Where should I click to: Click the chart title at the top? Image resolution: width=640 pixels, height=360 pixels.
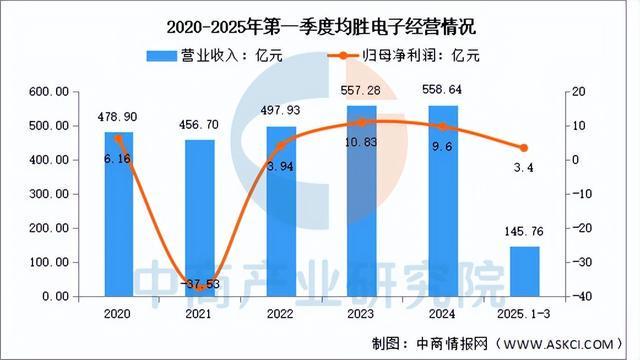click(319, 24)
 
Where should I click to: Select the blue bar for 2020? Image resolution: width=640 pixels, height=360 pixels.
click(118, 214)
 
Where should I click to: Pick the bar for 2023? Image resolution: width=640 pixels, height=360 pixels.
click(361, 201)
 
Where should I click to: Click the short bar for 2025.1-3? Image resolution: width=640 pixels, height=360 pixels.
click(524, 271)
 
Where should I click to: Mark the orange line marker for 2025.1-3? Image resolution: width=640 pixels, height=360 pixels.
click(524, 148)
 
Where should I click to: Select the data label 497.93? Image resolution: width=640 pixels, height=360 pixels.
click(280, 111)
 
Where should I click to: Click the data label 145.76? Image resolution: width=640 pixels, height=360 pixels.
click(522, 231)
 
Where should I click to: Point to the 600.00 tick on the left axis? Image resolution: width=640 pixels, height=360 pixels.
click(48, 92)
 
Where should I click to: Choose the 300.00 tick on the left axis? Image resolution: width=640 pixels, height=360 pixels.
click(48, 194)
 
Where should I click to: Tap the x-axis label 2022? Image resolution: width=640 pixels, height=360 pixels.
click(280, 313)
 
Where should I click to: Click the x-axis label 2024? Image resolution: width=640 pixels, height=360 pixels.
click(442, 313)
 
